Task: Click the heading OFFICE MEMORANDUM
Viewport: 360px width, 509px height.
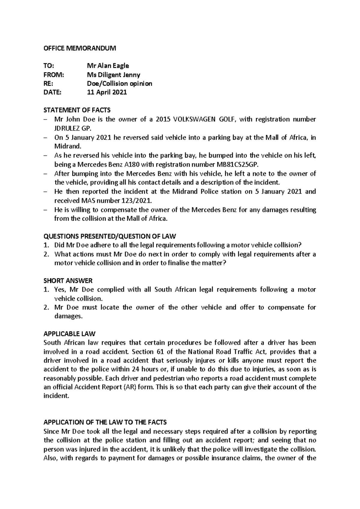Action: tap(79, 48)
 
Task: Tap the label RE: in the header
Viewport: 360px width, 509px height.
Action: tap(48, 84)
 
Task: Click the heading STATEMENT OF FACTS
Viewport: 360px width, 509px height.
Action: tap(77, 110)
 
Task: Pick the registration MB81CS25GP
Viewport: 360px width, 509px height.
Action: tap(237, 164)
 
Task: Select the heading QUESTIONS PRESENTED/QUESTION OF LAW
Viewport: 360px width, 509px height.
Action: tap(110, 236)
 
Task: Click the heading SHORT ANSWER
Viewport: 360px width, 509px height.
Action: tap(68, 281)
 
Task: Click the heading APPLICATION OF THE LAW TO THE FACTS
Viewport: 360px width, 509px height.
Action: tap(105, 422)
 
